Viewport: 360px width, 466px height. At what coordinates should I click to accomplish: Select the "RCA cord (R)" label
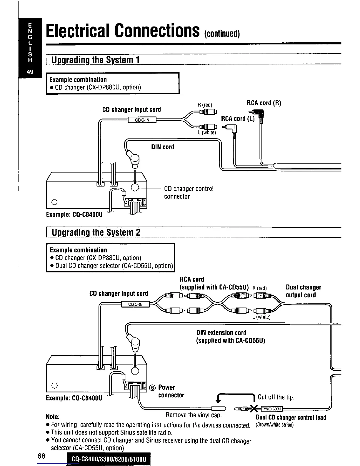tap(264, 103)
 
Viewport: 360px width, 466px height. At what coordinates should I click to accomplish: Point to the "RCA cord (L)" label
tap(238, 119)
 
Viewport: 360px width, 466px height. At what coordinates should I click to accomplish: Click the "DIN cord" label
tap(162, 147)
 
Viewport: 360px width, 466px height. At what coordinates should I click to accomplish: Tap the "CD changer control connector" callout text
tap(189, 192)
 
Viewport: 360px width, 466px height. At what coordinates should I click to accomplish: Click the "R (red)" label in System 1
tap(205, 105)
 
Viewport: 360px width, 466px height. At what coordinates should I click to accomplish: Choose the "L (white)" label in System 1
tap(207, 133)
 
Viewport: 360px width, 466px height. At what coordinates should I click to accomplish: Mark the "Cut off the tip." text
tap(276, 397)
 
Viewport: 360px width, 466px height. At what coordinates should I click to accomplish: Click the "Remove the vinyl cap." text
tap(194, 415)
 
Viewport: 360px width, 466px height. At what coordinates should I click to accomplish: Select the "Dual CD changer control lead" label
tap(291, 417)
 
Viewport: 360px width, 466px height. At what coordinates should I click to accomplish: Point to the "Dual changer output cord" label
tap(303, 291)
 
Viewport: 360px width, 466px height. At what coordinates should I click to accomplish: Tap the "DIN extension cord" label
tap(221, 333)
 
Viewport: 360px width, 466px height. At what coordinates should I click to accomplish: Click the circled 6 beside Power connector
tap(152, 388)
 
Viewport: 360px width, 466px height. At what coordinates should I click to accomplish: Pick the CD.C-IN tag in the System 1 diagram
tap(142, 120)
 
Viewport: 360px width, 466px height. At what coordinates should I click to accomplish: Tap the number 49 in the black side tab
tap(30, 72)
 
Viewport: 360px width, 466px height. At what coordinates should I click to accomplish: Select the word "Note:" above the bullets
tap(53, 417)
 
